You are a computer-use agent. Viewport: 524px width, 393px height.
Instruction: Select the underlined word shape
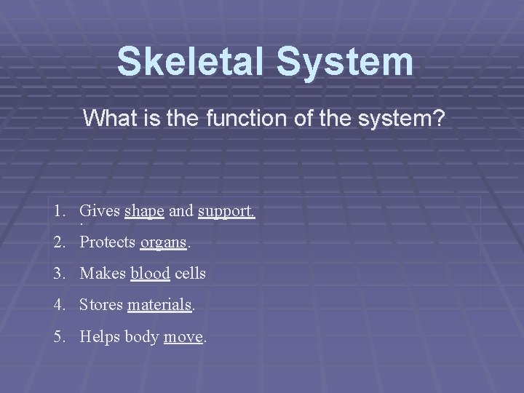[144, 212]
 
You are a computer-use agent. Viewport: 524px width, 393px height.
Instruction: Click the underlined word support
[226, 212]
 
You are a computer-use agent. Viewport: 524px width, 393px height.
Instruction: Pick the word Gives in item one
[100, 212]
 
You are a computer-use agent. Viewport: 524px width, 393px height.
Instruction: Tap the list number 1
[57, 212]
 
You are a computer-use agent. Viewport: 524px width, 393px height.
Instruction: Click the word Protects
[108, 242]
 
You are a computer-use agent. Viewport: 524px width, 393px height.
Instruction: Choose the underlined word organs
[163, 243]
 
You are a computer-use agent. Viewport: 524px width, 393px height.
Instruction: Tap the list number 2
[57, 242]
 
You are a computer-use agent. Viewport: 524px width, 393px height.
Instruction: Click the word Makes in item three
[103, 274]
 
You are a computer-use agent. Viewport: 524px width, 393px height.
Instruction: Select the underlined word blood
[150, 274]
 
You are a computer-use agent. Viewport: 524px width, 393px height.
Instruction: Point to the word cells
[190, 274]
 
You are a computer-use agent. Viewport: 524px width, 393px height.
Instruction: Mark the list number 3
[57, 274]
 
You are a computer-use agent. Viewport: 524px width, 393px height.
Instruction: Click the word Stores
[101, 305]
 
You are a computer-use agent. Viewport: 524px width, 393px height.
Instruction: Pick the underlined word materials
[159, 305]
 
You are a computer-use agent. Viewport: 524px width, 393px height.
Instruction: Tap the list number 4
[57, 305]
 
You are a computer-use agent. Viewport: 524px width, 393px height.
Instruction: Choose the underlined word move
[183, 337]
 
